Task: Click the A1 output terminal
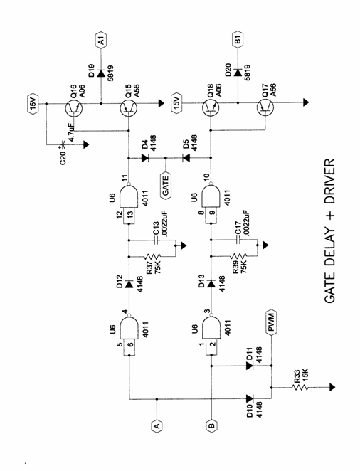(101, 39)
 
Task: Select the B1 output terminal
(238, 39)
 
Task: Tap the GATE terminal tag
(165, 184)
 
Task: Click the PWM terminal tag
(272, 322)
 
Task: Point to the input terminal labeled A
(157, 425)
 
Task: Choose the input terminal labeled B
(212, 425)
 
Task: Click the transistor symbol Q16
(73, 108)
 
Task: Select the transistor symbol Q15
(129, 108)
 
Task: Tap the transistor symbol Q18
(211, 108)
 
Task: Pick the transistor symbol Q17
(265, 108)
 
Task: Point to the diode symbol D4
(146, 158)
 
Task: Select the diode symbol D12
(129, 284)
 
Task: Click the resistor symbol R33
(300, 387)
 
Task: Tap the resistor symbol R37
(152, 257)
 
